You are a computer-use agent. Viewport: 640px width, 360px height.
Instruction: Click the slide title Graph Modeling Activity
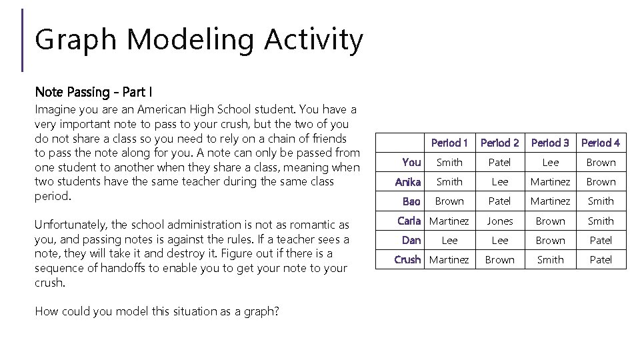point(199,40)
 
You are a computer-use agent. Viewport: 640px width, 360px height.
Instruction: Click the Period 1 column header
point(449,143)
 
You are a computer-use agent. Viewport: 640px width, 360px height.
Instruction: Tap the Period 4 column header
point(600,143)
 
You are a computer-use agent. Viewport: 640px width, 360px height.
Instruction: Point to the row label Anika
point(407,181)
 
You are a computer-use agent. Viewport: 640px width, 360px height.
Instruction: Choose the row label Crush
point(407,259)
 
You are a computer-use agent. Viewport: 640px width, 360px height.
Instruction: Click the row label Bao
point(411,201)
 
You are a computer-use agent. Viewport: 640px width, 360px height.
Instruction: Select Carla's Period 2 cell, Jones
point(499,221)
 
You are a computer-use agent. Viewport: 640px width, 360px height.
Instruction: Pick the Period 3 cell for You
point(550,162)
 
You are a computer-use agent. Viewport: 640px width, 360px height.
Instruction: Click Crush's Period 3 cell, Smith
point(550,259)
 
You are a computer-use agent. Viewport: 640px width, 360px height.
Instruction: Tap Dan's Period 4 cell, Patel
point(600,240)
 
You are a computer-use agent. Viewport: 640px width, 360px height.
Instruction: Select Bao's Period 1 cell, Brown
point(449,201)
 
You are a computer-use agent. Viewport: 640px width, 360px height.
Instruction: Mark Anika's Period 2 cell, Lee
point(499,181)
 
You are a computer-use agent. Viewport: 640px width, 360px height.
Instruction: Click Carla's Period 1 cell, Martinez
point(449,221)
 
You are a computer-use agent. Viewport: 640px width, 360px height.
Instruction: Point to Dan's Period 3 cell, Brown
point(550,240)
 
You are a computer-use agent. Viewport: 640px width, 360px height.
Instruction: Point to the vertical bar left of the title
point(23,40)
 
